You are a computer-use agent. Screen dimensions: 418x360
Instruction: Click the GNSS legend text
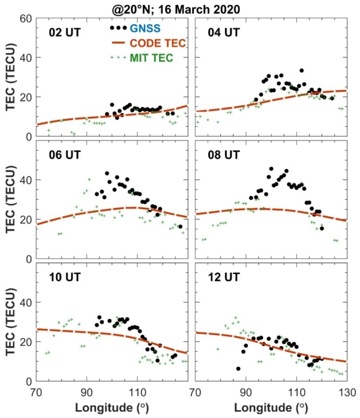(148, 28)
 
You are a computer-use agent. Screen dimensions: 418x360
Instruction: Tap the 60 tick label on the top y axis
(25, 19)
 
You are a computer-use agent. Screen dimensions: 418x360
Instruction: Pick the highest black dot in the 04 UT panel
(301, 71)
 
